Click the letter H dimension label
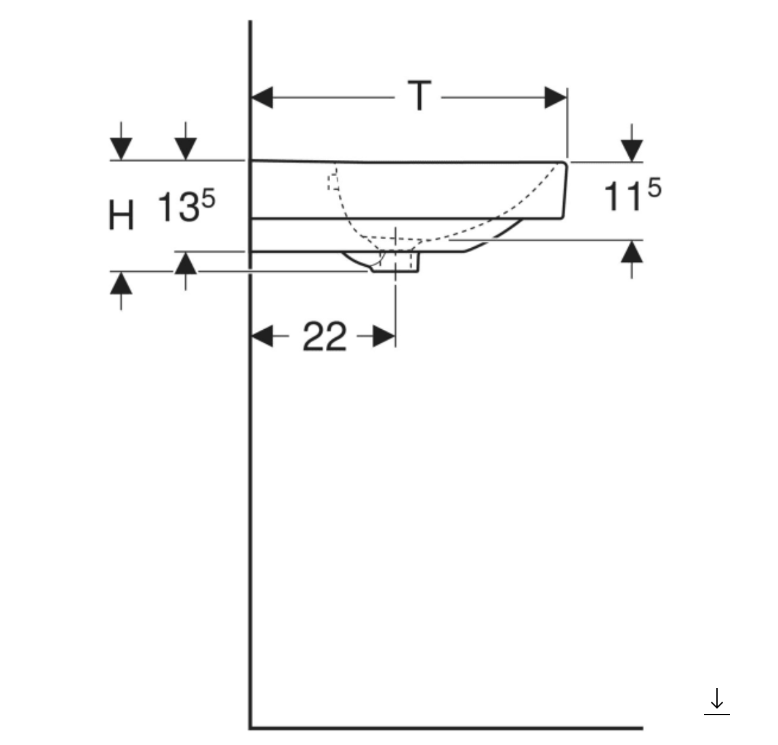pyautogui.click(x=121, y=215)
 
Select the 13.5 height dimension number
pyautogui.click(x=185, y=207)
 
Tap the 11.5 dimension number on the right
pyautogui.click(x=631, y=196)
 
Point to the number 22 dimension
pyautogui.click(x=324, y=337)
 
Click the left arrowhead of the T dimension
pyautogui.click(x=262, y=98)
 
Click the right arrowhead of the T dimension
pyautogui.click(x=555, y=98)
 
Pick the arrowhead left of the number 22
pyautogui.click(x=262, y=336)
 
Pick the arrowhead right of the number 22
pyautogui.click(x=384, y=336)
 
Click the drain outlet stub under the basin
pyautogui.click(x=396, y=262)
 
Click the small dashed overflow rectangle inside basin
pyautogui.click(x=333, y=182)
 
